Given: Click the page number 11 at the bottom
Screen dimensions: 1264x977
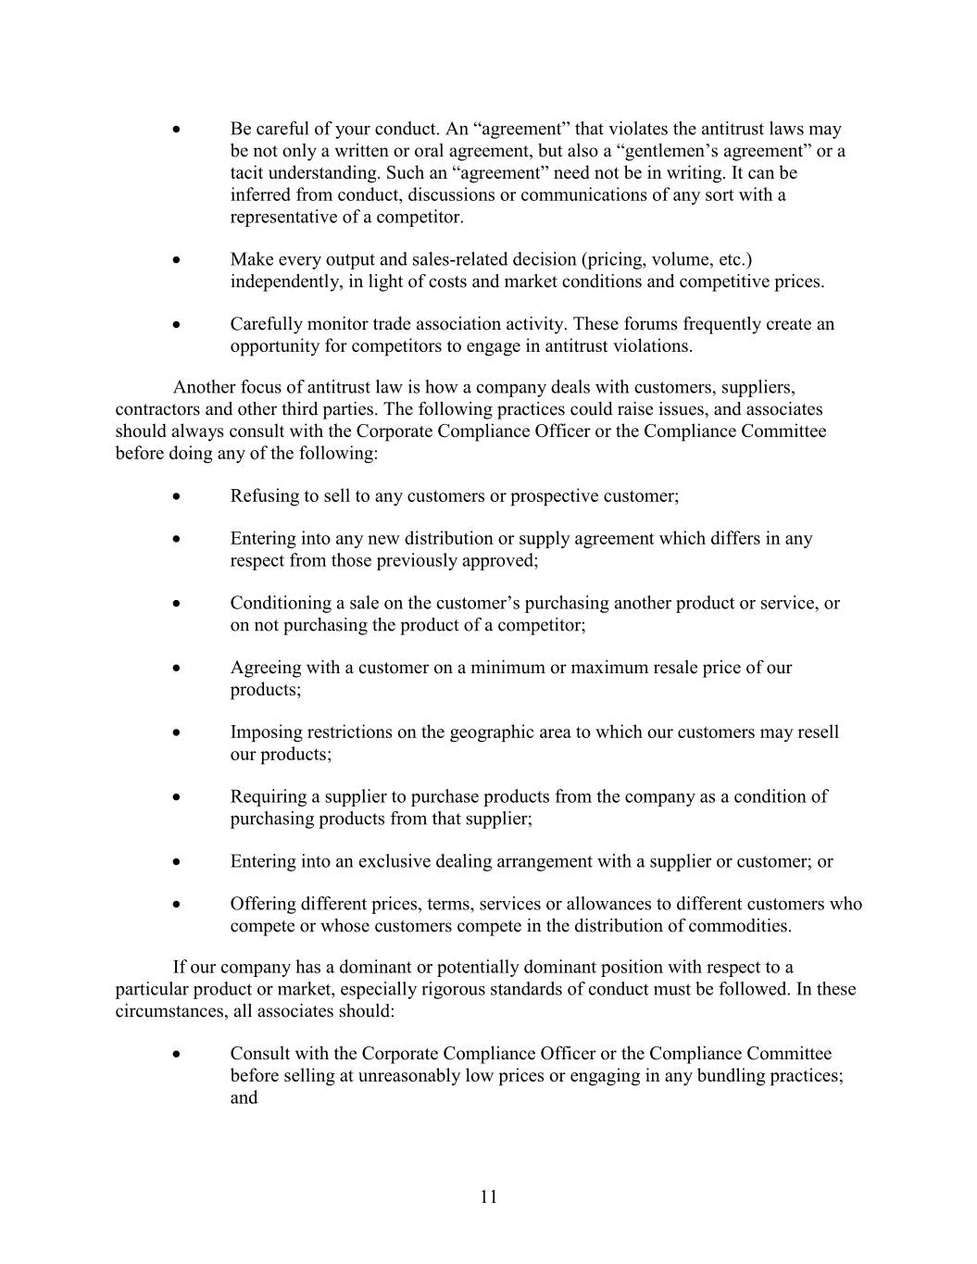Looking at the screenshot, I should (x=489, y=1196).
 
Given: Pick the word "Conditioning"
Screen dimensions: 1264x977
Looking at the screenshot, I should (x=280, y=604).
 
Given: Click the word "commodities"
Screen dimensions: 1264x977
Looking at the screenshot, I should (x=743, y=926).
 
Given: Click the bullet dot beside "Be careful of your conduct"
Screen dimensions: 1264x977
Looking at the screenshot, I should (x=176, y=130).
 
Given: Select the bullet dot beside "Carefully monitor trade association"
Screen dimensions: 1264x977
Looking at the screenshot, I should (x=176, y=325).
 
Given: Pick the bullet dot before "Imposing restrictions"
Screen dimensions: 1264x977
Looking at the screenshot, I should (x=176, y=733).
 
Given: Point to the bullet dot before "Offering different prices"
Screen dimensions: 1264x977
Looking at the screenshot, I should (x=176, y=905).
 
